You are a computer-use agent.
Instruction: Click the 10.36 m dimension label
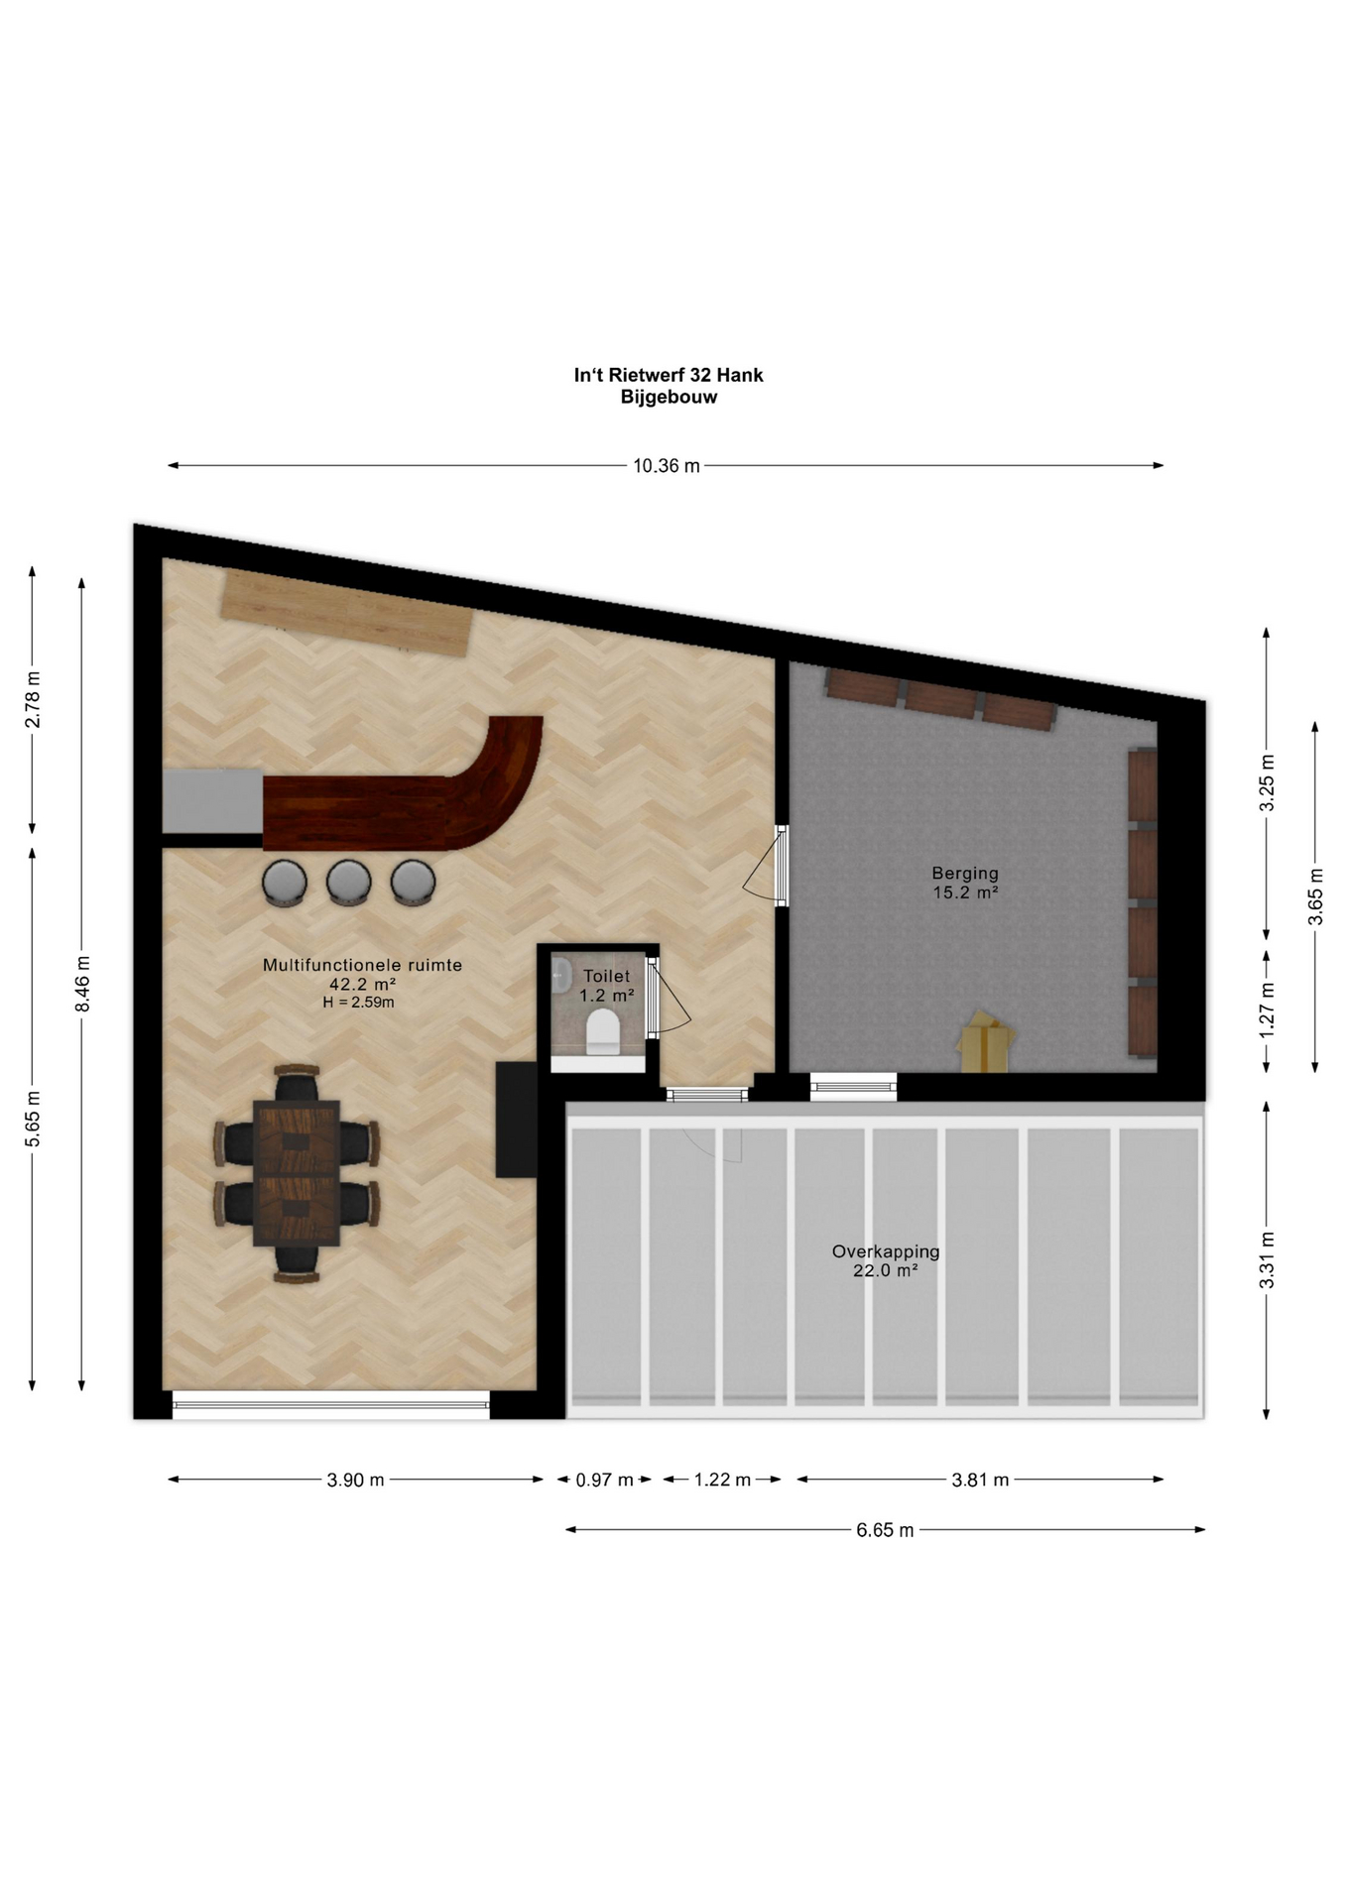[667, 466]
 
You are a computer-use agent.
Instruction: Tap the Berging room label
[965, 874]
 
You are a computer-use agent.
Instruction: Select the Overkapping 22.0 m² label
[886, 1260]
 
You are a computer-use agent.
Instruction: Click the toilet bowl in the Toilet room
[603, 1031]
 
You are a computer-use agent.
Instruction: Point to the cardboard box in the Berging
[986, 1041]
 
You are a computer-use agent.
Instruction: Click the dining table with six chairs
[297, 1172]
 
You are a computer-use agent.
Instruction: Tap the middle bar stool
[349, 882]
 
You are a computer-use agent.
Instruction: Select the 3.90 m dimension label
[355, 1481]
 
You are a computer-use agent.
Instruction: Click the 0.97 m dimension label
[604, 1481]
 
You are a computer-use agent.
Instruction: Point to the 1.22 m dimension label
[722, 1481]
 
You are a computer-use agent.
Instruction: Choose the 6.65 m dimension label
[885, 1530]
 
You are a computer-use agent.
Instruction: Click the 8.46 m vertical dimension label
[83, 984]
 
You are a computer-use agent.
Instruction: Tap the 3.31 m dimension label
[1267, 1260]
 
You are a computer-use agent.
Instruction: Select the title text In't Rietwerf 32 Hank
[669, 375]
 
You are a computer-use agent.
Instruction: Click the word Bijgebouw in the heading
[669, 398]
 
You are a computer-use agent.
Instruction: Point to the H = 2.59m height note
[358, 1003]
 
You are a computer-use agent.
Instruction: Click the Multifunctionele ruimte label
[362, 965]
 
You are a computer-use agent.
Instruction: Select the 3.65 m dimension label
[1316, 896]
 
